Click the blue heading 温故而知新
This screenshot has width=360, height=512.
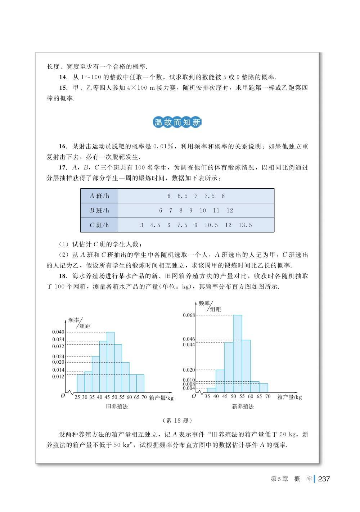[x=177, y=122]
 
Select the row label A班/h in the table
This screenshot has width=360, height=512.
[x=99, y=196]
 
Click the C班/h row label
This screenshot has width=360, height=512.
[x=99, y=225]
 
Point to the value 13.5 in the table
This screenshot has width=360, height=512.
[x=245, y=225]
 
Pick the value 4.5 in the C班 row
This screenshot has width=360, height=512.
[x=155, y=225]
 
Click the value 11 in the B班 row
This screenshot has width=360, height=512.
[x=216, y=210]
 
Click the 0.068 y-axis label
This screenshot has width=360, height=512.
[x=189, y=315]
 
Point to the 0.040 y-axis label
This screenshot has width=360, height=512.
[x=58, y=332]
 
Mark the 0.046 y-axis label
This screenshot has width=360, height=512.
[x=189, y=339]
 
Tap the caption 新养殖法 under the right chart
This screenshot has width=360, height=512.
[x=243, y=407]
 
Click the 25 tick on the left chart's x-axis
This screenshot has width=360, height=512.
[x=77, y=397]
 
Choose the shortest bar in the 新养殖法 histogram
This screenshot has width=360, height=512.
[x=211, y=390]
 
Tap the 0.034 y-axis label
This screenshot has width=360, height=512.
[x=58, y=340]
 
